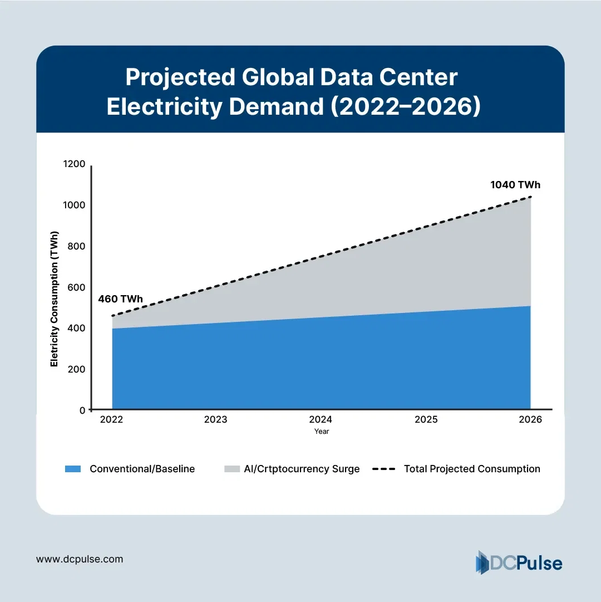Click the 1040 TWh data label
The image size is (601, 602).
pos(515,185)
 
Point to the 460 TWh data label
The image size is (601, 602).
pos(120,299)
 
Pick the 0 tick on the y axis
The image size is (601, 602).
pos(82,410)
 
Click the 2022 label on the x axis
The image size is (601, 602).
pos(112,420)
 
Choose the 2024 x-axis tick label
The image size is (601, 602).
pos(321,420)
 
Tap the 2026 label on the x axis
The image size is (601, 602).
pos(530,420)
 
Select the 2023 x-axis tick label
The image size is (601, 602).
pos(215,420)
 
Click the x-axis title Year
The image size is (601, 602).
pos(321,432)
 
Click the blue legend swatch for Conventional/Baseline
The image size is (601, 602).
pos(73,469)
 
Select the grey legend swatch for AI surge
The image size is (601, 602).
pos(231,469)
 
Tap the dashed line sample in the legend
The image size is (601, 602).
pos(383,469)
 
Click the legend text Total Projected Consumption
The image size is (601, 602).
pos(472,469)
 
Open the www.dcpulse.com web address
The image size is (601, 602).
pos(80,559)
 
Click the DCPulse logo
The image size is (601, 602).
pos(519,562)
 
